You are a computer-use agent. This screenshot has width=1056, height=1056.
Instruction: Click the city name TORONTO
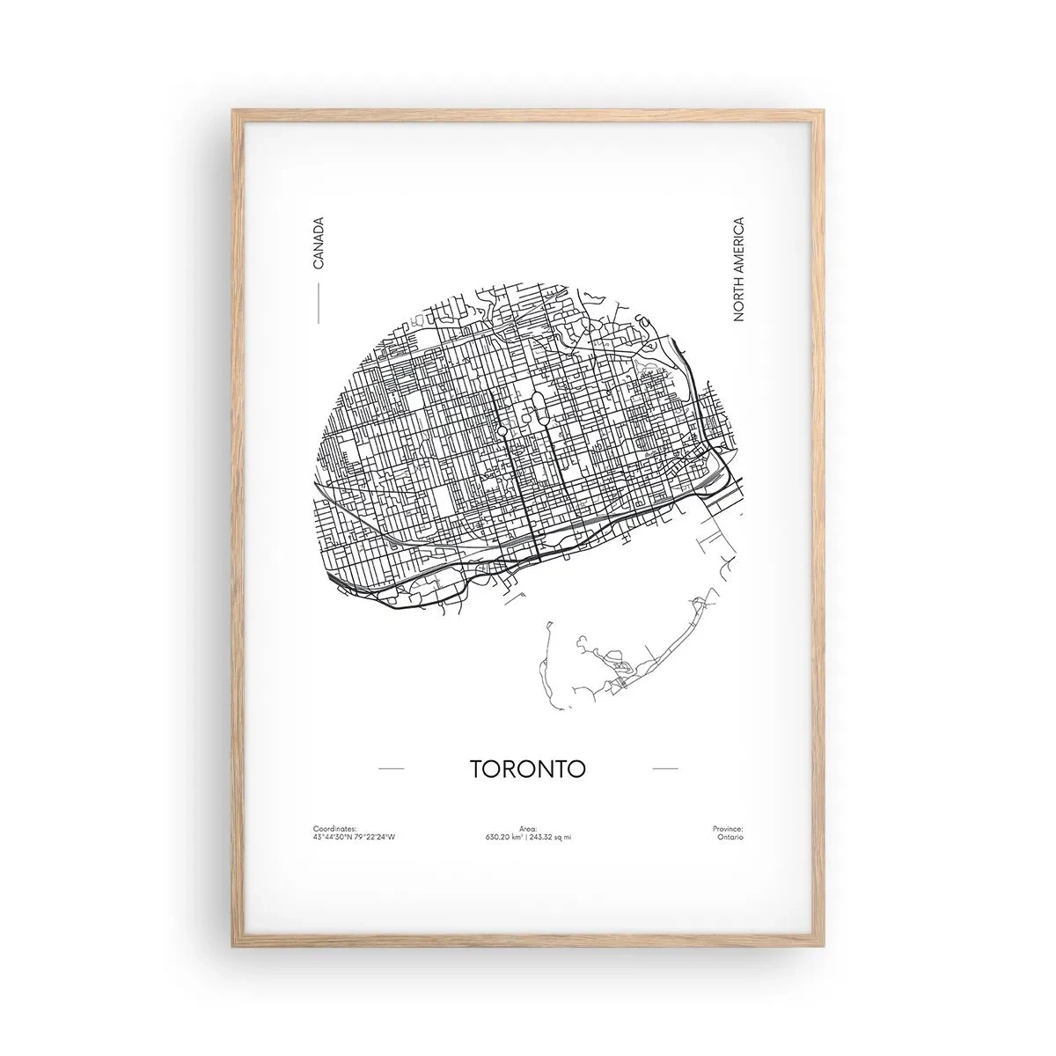pyautogui.click(x=528, y=768)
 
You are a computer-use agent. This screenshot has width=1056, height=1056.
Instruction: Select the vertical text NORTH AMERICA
pyautogui.click(x=738, y=268)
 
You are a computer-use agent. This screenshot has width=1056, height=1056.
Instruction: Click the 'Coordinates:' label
pyautogui.click(x=334, y=829)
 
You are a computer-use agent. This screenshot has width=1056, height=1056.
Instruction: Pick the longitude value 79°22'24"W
pyautogui.click(x=375, y=837)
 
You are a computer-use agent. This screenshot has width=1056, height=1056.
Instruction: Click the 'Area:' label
pyautogui.click(x=528, y=829)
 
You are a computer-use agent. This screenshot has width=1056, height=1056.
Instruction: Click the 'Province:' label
pyautogui.click(x=728, y=829)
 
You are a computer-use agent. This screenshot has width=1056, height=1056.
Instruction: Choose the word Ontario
pyautogui.click(x=730, y=837)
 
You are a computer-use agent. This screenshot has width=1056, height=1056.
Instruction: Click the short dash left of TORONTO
pyautogui.click(x=391, y=768)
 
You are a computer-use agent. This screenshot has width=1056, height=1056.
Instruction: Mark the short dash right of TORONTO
pyautogui.click(x=665, y=768)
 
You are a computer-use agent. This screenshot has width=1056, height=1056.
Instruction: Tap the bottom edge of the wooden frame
pyautogui.click(x=528, y=940)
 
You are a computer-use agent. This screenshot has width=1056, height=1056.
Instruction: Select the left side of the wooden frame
pyautogui.click(x=236, y=528)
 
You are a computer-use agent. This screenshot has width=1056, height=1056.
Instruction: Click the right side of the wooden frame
pyautogui.click(x=819, y=528)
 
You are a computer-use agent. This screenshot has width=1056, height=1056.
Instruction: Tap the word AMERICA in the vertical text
pyautogui.click(x=738, y=247)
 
